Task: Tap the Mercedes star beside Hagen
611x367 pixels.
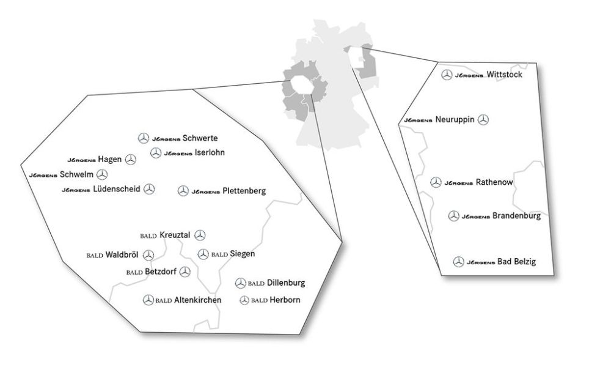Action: coord(130,159)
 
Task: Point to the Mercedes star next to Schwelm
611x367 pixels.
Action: coord(102,174)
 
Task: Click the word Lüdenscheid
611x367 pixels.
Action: coord(117,190)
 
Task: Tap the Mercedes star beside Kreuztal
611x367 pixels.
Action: coord(200,235)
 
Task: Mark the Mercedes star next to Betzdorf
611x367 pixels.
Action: coord(185,272)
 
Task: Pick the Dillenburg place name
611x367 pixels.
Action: coord(286,283)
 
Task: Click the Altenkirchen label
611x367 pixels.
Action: coord(197,300)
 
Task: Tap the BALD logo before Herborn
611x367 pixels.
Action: coord(260,300)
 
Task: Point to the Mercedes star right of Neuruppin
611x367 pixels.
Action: coord(483,120)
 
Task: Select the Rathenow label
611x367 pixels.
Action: coord(494,182)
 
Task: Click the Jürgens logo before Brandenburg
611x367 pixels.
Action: coord(476,216)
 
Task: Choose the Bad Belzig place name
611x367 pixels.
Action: coord(516,262)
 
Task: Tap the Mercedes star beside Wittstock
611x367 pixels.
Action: coord(447,75)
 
